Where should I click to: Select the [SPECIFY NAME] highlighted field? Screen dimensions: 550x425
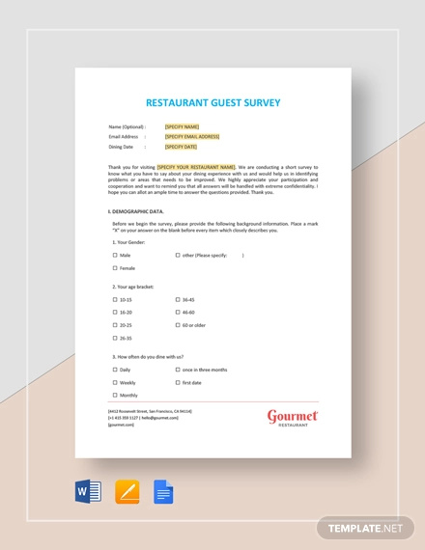click(x=182, y=126)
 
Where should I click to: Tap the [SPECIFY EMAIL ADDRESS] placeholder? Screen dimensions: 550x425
click(x=192, y=137)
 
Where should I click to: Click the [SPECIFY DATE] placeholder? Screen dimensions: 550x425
click(x=182, y=148)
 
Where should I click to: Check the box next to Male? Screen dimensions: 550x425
click(x=115, y=256)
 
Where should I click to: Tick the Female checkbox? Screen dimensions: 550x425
click(x=115, y=268)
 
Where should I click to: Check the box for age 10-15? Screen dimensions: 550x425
click(x=115, y=300)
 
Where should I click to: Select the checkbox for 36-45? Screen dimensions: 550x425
click(x=178, y=300)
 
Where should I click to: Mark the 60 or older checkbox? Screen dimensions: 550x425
click(x=178, y=325)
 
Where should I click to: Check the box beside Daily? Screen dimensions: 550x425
click(x=115, y=370)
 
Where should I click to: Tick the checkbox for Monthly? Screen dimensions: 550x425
click(x=115, y=395)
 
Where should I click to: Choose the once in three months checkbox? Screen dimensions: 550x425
click(x=178, y=370)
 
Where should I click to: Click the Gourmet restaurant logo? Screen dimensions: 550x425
click(x=293, y=418)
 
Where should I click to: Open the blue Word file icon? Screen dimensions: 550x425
click(x=88, y=492)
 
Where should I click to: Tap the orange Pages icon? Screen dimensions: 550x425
click(x=127, y=492)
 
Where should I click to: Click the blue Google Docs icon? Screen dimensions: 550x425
click(x=163, y=492)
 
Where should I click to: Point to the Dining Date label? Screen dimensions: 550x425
click(x=122, y=148)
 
